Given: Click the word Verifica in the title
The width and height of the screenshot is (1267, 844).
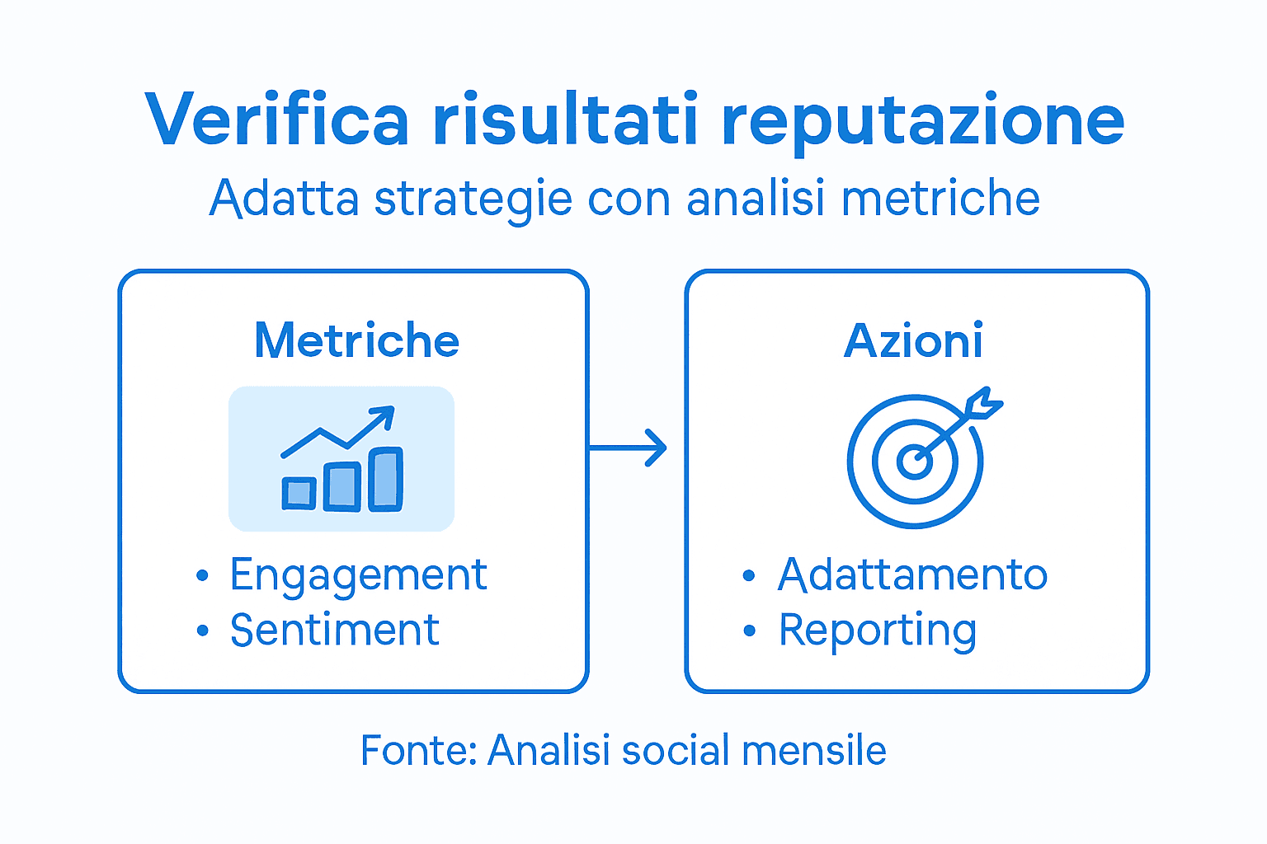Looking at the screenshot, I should pyautogui.click(x=276, y=120).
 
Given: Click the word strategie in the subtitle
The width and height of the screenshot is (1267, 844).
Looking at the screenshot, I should pyautogui.click(x=473, y=200).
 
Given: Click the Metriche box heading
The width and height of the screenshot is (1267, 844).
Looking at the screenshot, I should pyautogui.click(x=356, y=340).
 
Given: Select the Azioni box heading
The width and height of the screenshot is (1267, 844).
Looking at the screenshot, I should pyautogui.click(x=913, y=340).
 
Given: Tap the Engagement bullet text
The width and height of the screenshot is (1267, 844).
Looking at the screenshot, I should pyautogui.click(x=358, y=575).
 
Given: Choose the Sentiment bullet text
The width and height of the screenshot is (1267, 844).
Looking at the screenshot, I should pyautogui.click(x=334, y=631).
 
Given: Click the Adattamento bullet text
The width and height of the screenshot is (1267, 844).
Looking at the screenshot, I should pyautogui.click(x=912, y=574).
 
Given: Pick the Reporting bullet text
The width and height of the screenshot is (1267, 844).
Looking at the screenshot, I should pyautogui.click(x=878, y=631).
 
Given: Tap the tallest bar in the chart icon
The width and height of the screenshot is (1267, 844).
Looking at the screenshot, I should pyautogui.click(x=385, y=479).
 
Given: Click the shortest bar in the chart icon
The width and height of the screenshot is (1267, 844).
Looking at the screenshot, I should pyautogui.click(x=299, y=493).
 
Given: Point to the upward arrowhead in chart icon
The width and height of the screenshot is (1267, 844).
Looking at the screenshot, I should pyautogui.click(x=384, y=415).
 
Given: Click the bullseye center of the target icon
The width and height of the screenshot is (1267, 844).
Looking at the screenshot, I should pyautogui.click(x=914, y=461).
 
